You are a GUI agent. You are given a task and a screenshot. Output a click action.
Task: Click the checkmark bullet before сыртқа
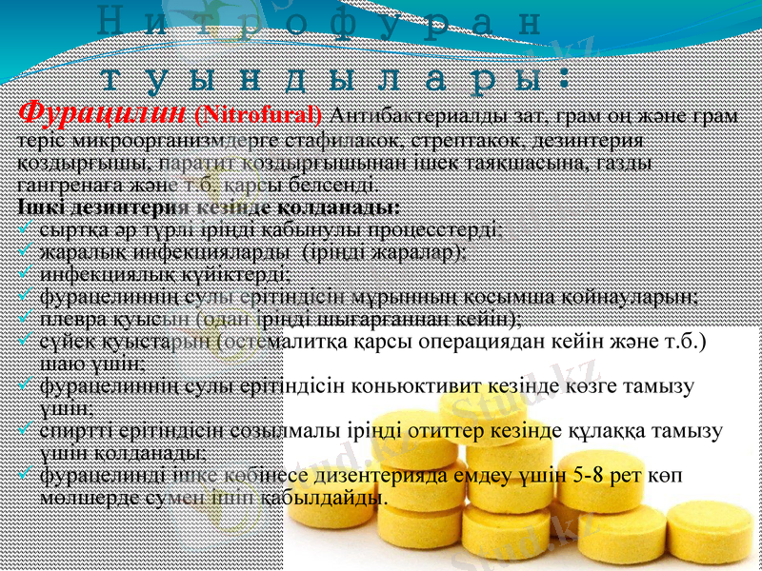(x=26, y=229)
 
